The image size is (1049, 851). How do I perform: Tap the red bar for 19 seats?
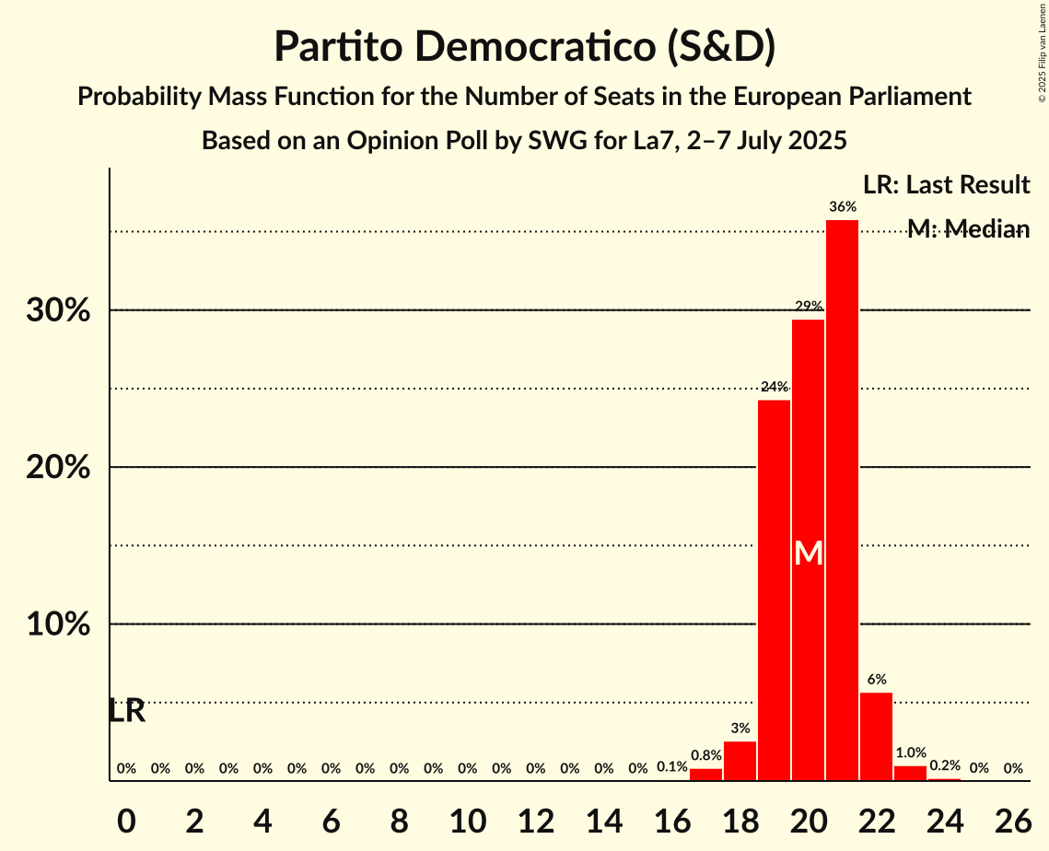(x=774, y=590)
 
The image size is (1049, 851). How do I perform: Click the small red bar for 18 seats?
(x=740, y=762)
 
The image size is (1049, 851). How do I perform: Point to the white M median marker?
(x=808, y=554)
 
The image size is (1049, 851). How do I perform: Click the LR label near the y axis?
(x=126, y=711)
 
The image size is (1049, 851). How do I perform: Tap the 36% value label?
(x=842, y=207)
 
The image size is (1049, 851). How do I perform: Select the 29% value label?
(x=808, y=306)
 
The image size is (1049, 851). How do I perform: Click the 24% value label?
(x=774, y=387)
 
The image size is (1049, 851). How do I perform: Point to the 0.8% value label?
(x=705, y=755)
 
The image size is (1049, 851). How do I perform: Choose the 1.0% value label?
(x=910, y=752)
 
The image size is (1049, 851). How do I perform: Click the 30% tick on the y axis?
(x=58, y=311)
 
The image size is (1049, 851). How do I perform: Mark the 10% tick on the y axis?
(x=58, y=624)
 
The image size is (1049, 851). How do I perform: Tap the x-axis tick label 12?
(x=535, y=817)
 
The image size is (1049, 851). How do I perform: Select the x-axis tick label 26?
(x=1012, y=817)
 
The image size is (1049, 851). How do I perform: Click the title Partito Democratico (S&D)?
(x=524, y=46)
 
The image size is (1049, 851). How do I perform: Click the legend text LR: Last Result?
(x=946, y=185)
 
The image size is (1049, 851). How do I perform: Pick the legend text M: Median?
(x=967, y=229)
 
